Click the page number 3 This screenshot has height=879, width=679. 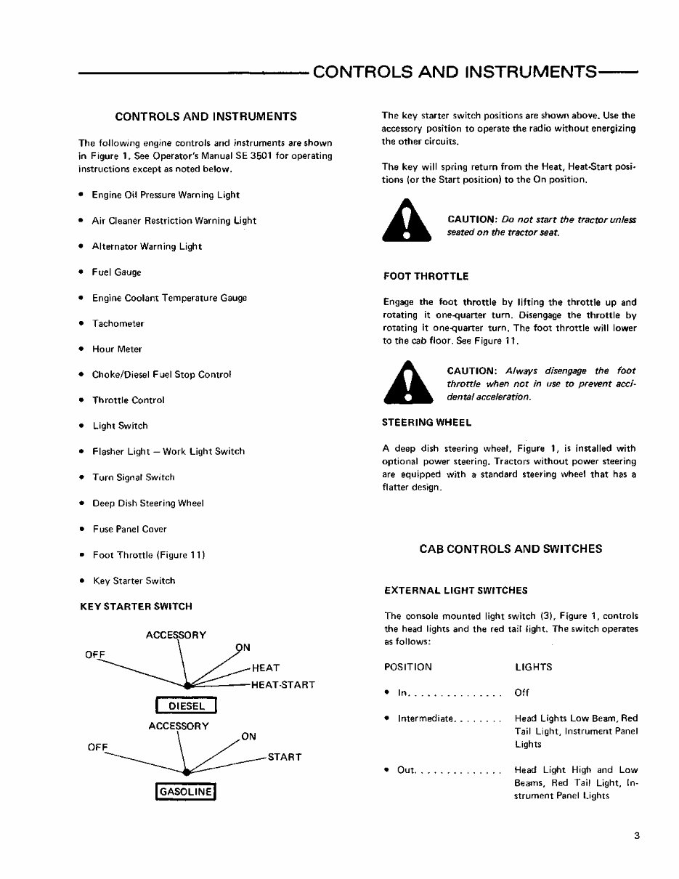(x=635, y=835)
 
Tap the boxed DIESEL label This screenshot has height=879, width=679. (x=187, y=705)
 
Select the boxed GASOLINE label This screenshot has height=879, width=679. (x=187, y=791)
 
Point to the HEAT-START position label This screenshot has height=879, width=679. (x=282, y=684)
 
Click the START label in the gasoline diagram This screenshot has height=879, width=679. (x=284, y=757)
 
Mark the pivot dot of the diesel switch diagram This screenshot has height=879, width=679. (x=187, y=686)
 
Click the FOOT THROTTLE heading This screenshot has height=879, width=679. (x=425, y=276)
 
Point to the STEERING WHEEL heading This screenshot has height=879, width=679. (x=427, y=422)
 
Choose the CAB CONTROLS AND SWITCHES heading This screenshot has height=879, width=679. (x=511, y=549)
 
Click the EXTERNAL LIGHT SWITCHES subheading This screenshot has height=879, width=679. (x=455, y=590)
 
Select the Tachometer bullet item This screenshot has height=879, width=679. (x=118, y=323)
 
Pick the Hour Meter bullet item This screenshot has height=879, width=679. (x=117, y=349)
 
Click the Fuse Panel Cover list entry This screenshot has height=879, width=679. (x=129, y=529)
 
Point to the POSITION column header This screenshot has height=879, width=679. (x=407, y=667)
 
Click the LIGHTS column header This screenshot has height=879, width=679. (x=533, y=667)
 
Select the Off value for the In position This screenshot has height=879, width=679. (x=521, y=693)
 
